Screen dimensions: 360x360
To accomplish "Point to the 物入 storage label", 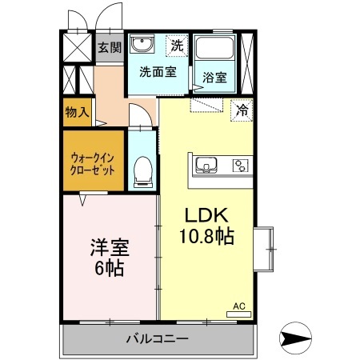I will [77, 112].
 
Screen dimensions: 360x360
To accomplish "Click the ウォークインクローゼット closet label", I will [93, 165].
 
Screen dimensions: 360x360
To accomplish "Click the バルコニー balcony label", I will [157, 338].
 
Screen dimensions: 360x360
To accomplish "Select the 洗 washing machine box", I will [177, 46].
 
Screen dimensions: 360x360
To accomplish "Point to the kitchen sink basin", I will [207, 166].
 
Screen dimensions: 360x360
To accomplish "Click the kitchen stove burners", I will [239, 166].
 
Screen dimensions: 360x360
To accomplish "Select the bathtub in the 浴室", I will [214, 50].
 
